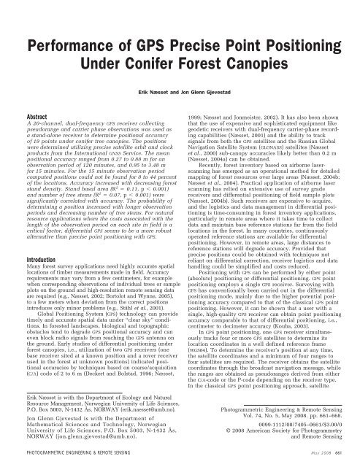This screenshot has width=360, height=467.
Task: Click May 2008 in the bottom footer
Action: click(x=310, y=458)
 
